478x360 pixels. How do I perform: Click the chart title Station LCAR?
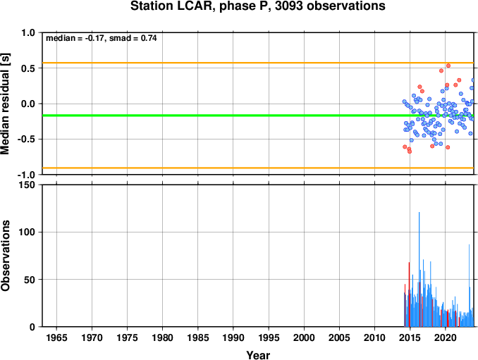[x=257, y=6]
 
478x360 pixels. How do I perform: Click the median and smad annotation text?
[x=102, y=38]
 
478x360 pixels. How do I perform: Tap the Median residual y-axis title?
[x=5, y=104]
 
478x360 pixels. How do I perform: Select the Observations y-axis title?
[x=5, y=256]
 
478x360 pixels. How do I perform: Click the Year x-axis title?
[x=258, y=355]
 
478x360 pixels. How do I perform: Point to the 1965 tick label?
[x=56, y=337]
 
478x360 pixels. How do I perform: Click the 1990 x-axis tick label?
[x=233, y=337]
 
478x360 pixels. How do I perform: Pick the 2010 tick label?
[x=374, y=337]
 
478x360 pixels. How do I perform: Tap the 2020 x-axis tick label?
[x=446, y=337]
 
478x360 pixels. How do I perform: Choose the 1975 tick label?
[x=127, y=337]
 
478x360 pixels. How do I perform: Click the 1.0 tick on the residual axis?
[x=28, y=32]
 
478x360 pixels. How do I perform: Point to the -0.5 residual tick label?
[x=26, y=139]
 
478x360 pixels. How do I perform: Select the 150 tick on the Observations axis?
[x=27, y=185]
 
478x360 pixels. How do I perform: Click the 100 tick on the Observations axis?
[x=27, y=232]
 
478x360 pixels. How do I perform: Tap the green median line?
[x=258, y=116]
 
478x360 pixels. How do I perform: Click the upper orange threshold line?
[x=258, y=63]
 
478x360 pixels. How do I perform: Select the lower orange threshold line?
[x=258, y=168]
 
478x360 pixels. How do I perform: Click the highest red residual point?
[x=448, y=66]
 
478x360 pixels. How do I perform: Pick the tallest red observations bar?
[x=409, y=294]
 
